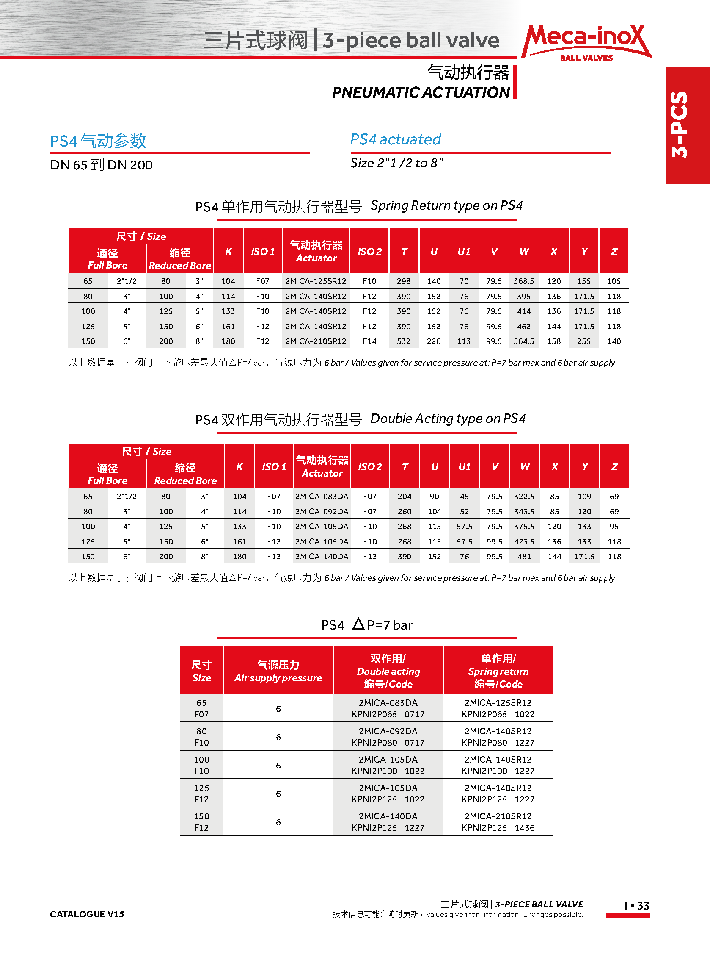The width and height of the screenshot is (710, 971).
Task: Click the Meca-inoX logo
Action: pos(586,42)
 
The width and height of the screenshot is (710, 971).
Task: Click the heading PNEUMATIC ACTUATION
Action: pos(421,92)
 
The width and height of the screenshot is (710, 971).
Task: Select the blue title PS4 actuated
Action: pos(395,139)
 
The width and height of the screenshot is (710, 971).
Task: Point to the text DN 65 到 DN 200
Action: pos(102,165)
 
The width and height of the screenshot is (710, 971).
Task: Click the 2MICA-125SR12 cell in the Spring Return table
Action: pos(316,281)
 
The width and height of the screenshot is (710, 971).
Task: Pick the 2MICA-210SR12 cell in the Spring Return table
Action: pos(316,341)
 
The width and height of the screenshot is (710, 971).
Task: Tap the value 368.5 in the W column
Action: pos(524,281)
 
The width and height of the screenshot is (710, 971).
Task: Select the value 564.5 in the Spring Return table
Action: pos(524,341)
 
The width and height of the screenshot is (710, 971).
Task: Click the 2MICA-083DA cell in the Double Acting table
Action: pos(322,497)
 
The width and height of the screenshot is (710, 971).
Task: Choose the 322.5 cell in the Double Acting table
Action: pos(524,497)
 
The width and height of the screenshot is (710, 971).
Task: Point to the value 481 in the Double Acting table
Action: pos(524,557)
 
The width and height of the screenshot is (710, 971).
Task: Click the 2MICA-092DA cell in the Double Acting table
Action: pos(322,511)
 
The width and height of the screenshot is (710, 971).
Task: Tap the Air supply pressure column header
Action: pos(278,671)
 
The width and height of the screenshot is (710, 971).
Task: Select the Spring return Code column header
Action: pos(498,671)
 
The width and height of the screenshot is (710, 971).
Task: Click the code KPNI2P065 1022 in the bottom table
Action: pos(498,715)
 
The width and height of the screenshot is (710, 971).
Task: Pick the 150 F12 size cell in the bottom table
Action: pos(201,822)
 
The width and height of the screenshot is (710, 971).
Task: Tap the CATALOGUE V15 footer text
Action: pos(87,914)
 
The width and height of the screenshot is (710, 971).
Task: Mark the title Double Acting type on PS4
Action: pos(448,419)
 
